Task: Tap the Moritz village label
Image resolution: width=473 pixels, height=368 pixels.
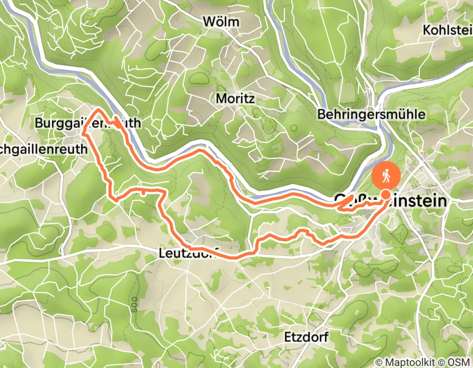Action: click(x=235, y=98)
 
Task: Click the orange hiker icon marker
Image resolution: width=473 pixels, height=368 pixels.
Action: click(x=387, y=177)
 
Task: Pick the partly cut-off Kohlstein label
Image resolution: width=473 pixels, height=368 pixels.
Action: click(x=447, y=30)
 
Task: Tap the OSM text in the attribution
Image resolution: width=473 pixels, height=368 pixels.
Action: click(x=459, y=362)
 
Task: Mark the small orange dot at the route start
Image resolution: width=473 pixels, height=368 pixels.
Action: click(x=386, y=195)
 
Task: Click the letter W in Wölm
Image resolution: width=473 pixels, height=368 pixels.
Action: click(x=209, y=22)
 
